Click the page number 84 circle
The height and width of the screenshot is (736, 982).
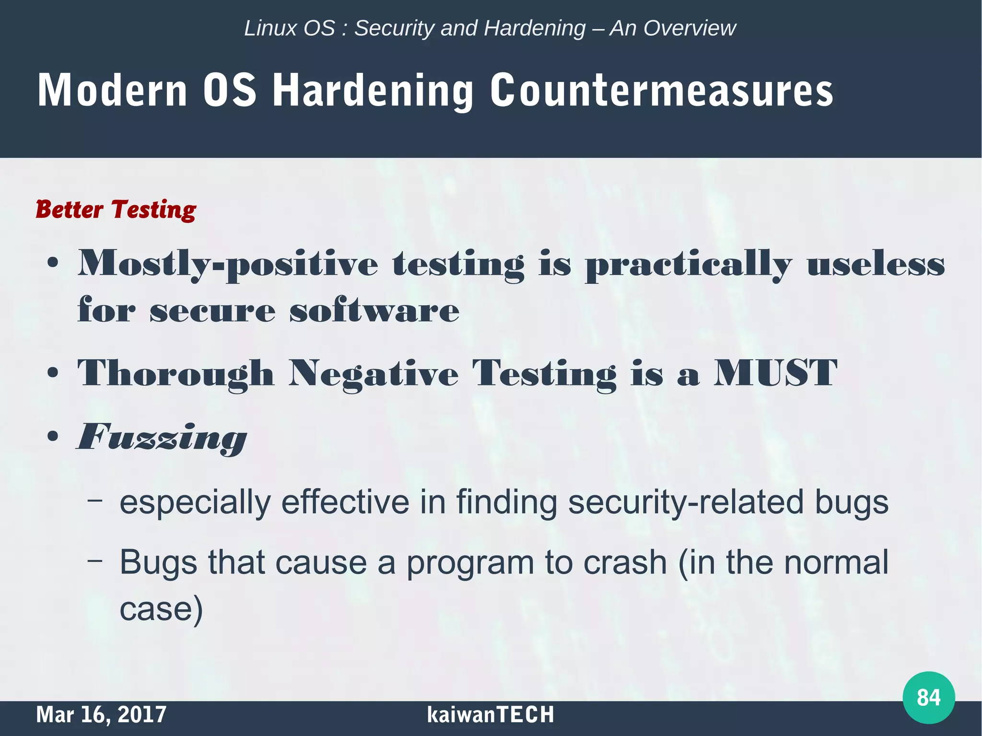(x=928, y=697)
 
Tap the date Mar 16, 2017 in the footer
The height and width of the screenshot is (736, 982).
(x=101, y=715)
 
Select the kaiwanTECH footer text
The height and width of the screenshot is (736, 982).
(x=490, y=715)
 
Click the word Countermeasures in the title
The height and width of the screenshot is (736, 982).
(x=661, y=91)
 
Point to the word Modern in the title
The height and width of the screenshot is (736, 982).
(x=112, y=91)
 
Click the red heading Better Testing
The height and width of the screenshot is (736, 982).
(x=116, y=210)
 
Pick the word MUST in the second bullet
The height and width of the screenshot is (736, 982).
(x=775, y=373)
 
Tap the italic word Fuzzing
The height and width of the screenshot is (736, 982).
(x=162, y=437)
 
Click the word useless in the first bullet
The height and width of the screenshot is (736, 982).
(x=876, y=265)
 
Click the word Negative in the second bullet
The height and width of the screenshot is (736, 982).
(x=374, y=374)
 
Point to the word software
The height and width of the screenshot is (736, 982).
(x=374, y=310)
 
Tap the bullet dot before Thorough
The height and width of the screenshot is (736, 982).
(x=53, y=374)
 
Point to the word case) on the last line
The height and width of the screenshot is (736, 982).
(x=161, y=609)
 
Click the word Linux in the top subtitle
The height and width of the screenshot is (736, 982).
(x=265, y=28)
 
